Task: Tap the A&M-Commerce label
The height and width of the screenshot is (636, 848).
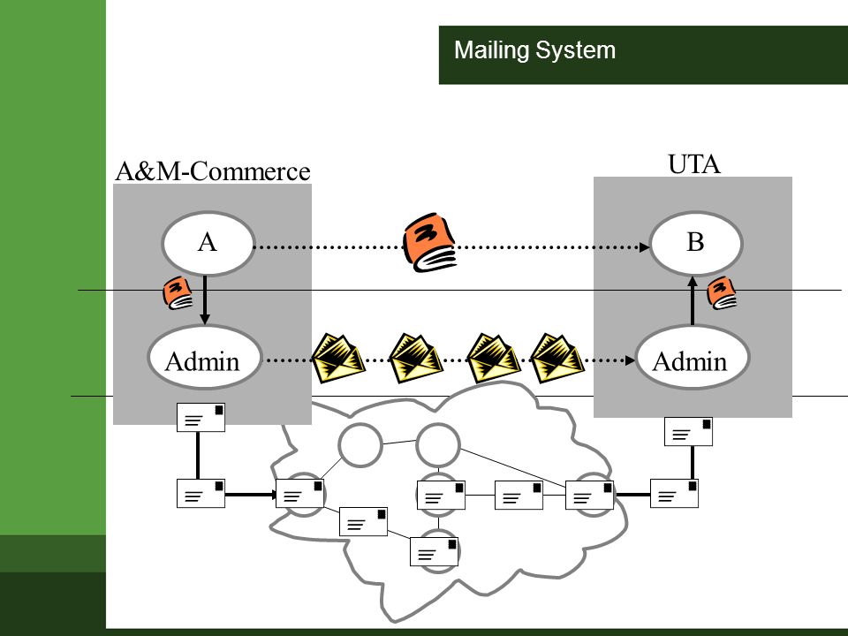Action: click(213, 170)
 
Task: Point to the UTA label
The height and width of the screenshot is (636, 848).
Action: click(694, 164)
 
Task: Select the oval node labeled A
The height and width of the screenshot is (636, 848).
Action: click(208, 243)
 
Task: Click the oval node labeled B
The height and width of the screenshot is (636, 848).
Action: click(695, 243)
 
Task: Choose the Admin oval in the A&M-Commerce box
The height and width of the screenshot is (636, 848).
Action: click(204, 358)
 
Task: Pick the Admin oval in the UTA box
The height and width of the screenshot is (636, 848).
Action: click(693, 358)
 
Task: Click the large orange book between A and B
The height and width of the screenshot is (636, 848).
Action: click(430, 242)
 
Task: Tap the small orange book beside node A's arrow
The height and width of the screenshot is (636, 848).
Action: click(178, 292)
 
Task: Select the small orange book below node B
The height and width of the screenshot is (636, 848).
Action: click(722, 292)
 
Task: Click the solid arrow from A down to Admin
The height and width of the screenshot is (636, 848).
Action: click(204, 300)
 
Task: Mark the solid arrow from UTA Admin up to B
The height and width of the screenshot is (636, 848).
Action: click(693, 300)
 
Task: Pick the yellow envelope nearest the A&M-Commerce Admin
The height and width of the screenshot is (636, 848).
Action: click(338, 358)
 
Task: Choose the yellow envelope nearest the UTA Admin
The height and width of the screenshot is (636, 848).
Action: click(557, 358)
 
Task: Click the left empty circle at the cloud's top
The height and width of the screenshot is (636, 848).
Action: click(360, 445)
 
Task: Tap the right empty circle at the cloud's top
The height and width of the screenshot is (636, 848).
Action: click(438, 445)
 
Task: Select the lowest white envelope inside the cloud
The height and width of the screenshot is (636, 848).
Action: click(435, 551)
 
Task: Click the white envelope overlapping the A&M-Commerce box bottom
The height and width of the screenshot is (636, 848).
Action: click(201, 417)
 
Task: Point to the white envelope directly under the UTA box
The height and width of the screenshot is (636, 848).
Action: click(688, 432)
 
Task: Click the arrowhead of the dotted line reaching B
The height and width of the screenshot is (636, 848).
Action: click(645, 247)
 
